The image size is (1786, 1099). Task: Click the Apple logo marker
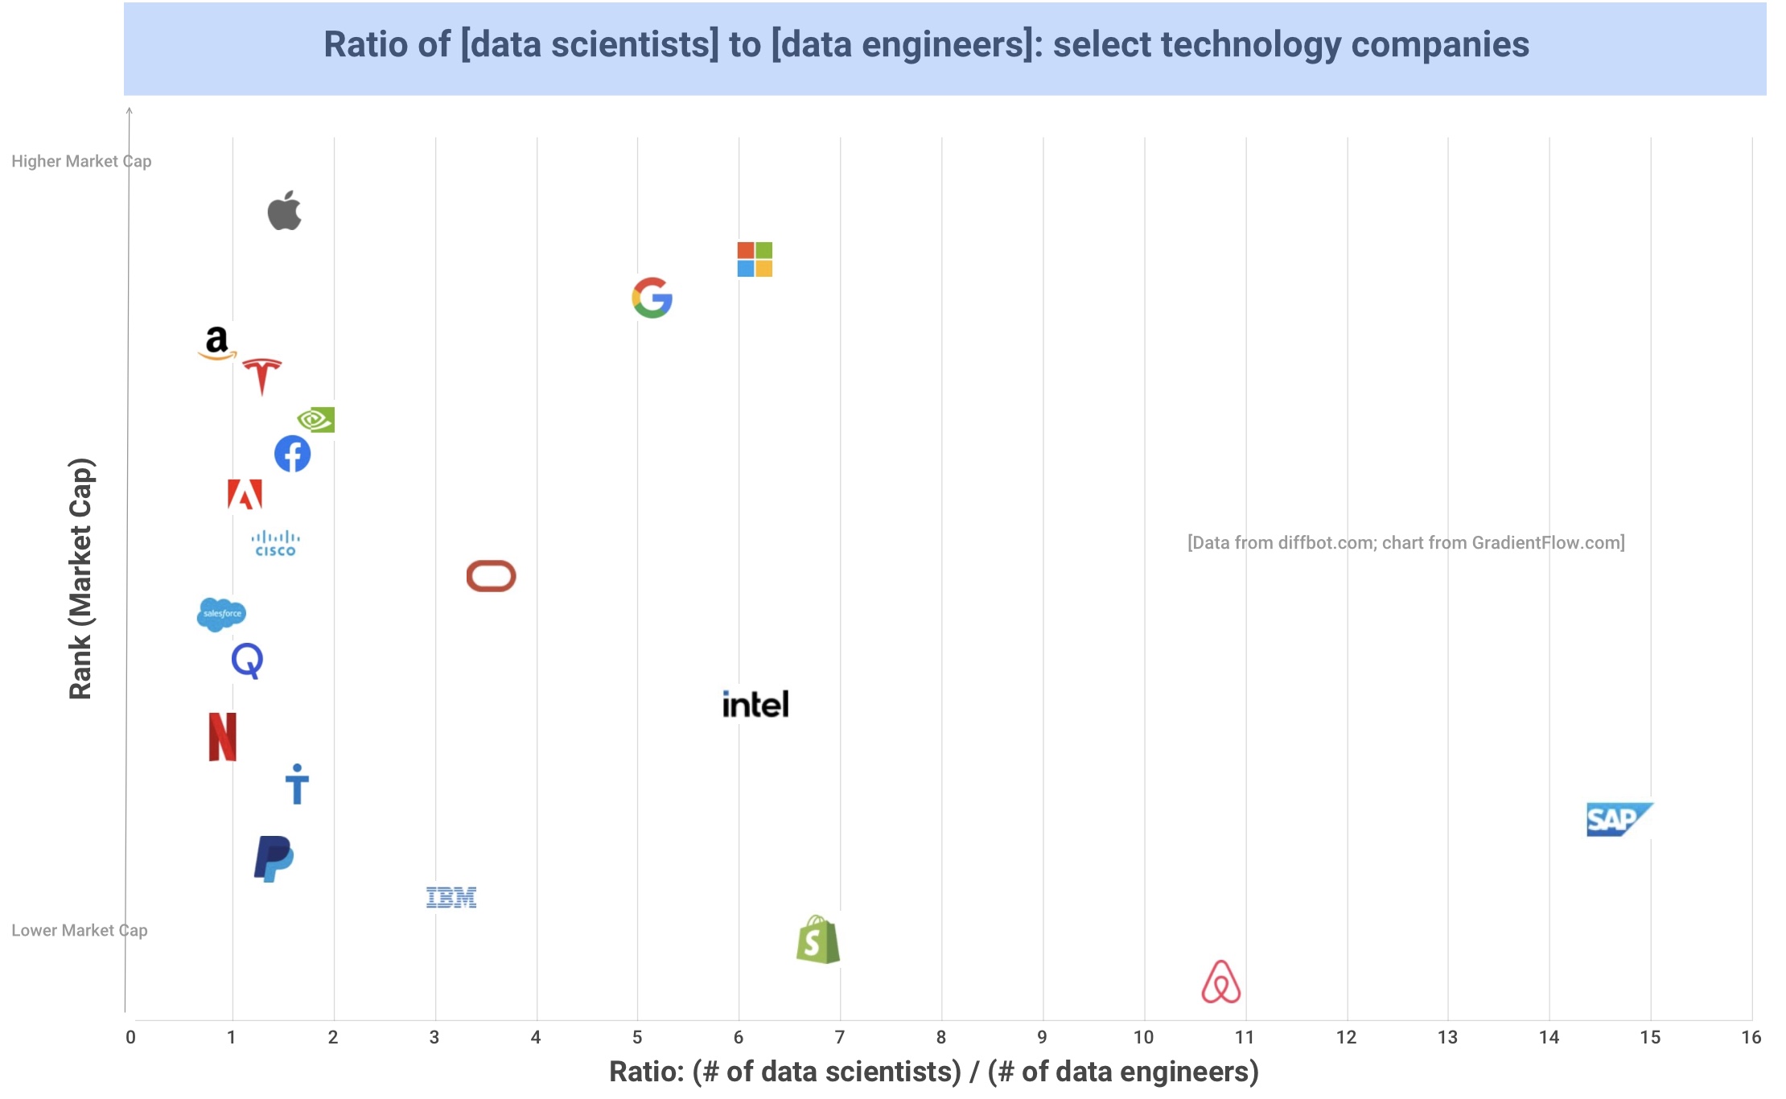(285, 211)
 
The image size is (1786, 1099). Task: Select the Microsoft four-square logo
(755, 259)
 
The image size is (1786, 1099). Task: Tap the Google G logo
(652, 298)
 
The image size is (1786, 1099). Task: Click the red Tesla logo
(262, 375)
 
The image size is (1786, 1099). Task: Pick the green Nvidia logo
(316, 419)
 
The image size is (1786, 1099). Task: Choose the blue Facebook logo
(293, 454)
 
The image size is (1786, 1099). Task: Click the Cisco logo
(275, 543)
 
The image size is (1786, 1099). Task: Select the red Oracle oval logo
(491, 576)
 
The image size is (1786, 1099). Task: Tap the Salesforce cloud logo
(221, 615)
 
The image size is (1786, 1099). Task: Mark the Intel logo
(755, 704)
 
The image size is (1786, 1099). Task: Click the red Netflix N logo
(223, 736)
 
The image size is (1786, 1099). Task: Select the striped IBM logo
(451, 897)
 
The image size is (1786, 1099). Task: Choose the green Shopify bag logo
(818, 940)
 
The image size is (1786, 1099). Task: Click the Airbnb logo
(1221, 982)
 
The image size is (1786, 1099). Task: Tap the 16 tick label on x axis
(1751, 1038)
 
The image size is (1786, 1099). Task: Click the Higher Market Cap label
(81, 161)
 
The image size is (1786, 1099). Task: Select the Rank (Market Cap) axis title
(81, 578)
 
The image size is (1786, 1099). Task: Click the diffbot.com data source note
(1405, 542)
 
